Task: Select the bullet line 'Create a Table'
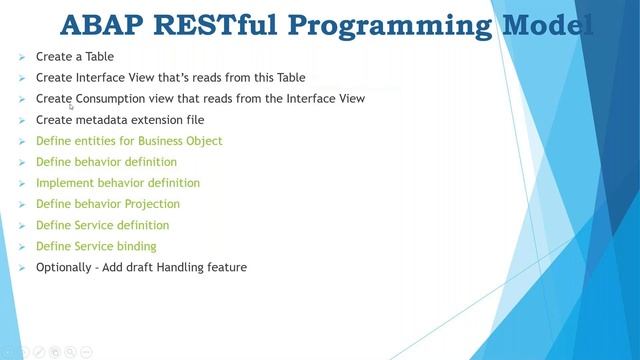(x=74, y=57)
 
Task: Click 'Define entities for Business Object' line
(x=128, y=141)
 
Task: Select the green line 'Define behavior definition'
(x=106, y=162)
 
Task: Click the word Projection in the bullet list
(x=154, y=204)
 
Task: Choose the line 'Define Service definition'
(x=102, y=225)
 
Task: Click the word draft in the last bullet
(x=141, y=267)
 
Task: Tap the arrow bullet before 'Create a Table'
(x=22, y=57)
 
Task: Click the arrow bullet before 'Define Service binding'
(x=22, y=246)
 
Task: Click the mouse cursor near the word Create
(x=71, y=105)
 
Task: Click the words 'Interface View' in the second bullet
(x=109, y=78)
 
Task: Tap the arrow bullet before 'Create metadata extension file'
(x=22, y=120)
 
